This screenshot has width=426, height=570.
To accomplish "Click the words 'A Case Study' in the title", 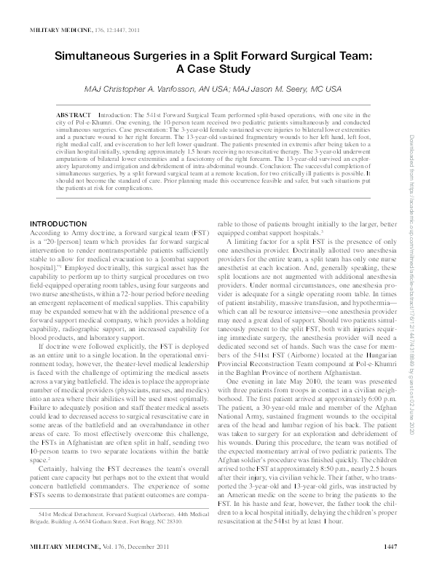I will pyautogui.click(x=213, y=68).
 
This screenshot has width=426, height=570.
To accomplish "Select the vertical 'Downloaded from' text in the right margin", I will pyautogui.click(x=412, y=218).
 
